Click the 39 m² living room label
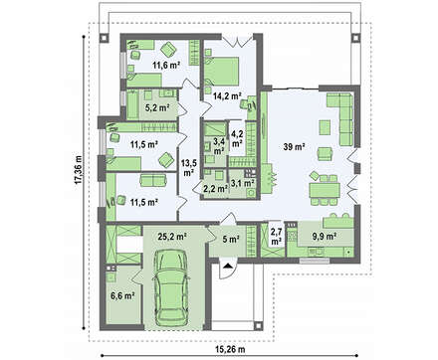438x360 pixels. click(295, 146)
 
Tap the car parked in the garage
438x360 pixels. click(171, 287)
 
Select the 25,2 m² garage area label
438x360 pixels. click(172, 237)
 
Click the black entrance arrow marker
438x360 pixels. click(228, 266)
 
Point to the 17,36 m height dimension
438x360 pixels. click(78, 169)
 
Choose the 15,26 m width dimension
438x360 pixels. click(230, 349)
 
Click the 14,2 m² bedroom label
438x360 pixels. click(227, 96)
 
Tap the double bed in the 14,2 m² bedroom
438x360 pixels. click(222, 71)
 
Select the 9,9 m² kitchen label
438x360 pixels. click(325, 236)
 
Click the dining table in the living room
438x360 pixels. click(325, 190)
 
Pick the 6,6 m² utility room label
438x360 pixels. click(122, 295)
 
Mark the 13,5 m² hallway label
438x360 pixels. click(188, 167)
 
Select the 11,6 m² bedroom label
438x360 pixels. click(166, 65)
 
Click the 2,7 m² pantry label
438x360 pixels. click(276, 236)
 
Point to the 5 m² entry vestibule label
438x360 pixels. click(231, 239)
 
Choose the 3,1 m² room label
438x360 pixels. click(243, 182)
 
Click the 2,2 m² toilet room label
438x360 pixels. click(215, 189)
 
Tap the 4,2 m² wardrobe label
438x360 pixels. click(237, 138)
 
